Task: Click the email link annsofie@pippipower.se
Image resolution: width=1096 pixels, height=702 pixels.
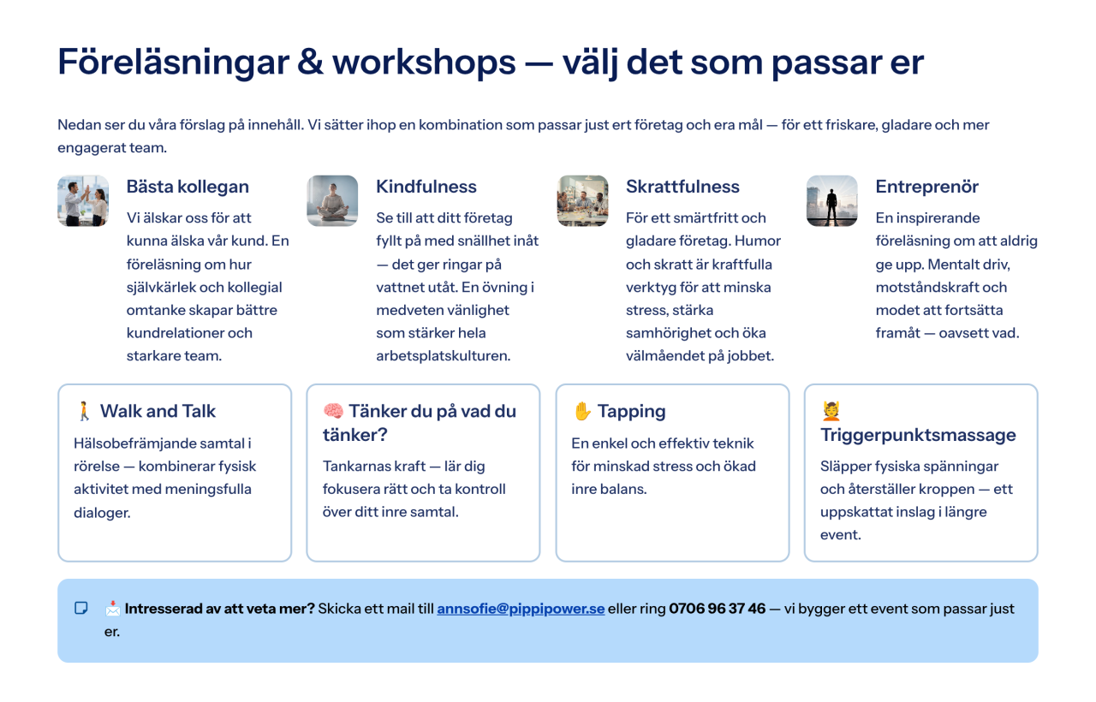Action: [521, 609]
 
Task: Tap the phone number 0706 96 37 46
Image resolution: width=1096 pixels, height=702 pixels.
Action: [717, 609]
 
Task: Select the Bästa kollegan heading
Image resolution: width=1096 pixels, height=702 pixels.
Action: [188, 187]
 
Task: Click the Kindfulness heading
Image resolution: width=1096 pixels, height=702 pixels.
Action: [426, 187]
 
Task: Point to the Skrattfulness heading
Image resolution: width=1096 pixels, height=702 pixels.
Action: [682, 187]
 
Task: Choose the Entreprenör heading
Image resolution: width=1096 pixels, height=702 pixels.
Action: [926, 187]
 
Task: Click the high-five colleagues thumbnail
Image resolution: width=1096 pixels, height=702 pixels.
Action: [83, 200]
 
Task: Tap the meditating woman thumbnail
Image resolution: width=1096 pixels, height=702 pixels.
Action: [332, 200]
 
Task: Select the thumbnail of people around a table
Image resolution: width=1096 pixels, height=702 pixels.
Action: [582, 200]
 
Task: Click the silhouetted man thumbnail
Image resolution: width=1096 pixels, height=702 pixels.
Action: [831, 200]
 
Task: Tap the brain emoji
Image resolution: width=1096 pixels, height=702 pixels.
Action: [333, 411]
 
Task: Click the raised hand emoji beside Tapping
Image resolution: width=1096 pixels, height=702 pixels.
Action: [582, 411]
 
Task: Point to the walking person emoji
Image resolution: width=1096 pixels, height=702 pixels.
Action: [84, 411]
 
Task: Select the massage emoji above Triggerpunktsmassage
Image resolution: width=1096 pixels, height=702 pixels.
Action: [831, 411]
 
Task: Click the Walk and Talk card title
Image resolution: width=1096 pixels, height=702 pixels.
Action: [158, 411]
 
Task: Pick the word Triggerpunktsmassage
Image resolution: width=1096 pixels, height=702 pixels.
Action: [918, 435]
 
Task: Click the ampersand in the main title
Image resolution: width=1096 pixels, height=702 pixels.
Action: [310, 62]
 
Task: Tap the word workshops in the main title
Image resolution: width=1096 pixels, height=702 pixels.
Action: [424, 62]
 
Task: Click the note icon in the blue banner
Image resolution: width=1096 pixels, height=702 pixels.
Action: [80, 608]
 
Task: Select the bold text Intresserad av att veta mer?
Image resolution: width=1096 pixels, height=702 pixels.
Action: [220, 609]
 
